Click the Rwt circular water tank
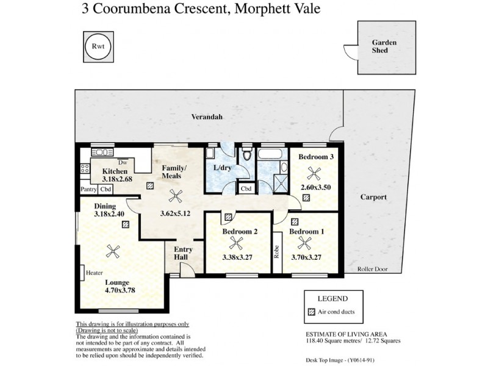click(x=97, y=46)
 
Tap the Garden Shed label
click(x=385, y=46)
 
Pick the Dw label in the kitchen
click(x=123, y=162)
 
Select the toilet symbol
click(x=246, y=155)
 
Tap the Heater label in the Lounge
click(x=95, y=273)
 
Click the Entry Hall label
click(x=183, y=254)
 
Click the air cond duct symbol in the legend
click(x=310, y=312)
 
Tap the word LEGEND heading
click(x=333, y=299)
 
